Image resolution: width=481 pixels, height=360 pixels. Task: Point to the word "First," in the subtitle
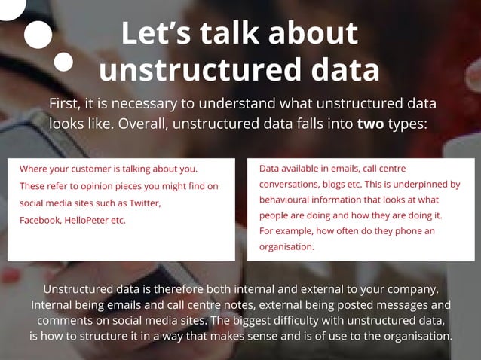[66, 104]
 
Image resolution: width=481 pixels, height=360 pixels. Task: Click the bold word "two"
[370, 124]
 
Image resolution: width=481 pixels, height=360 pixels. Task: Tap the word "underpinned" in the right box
[416, 184]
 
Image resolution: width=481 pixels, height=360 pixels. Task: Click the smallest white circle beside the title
[64, 62]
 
